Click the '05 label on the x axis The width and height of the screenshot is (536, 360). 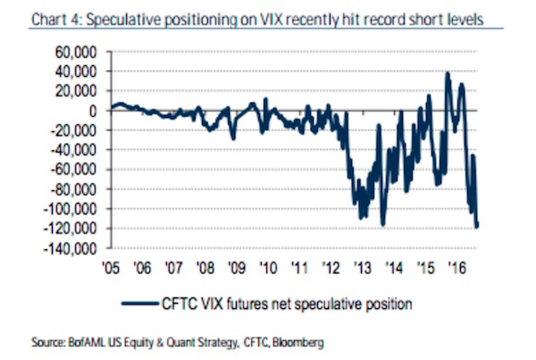point(110,265)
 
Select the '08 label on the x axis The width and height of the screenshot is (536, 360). point(205,265)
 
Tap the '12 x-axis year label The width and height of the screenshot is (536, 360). point(331,265)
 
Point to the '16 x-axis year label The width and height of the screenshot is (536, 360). point(456,265)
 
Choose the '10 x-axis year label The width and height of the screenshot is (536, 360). point(267,265)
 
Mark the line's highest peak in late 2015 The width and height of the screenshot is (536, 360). point(447,73)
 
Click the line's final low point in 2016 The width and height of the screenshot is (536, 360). point(477,227)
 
